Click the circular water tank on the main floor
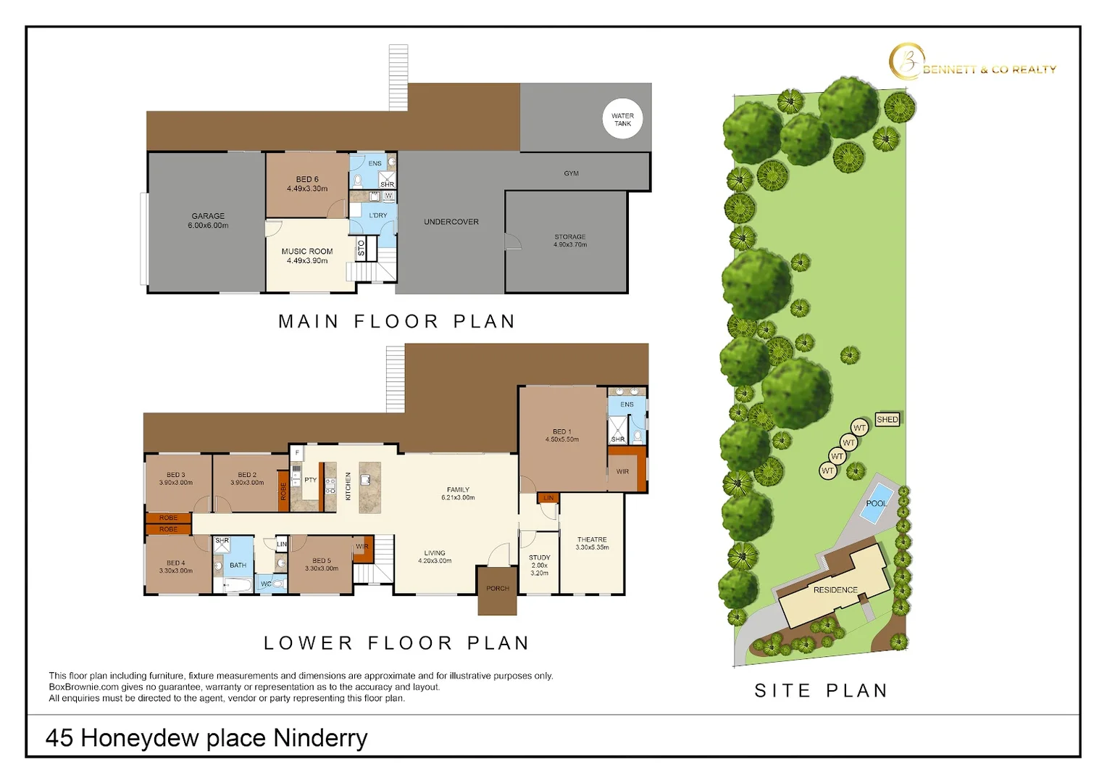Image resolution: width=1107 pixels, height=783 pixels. coord(622,119)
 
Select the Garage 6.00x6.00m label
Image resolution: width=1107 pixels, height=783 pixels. coord(208,220)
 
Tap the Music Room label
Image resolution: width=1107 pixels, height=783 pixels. coord(307,256)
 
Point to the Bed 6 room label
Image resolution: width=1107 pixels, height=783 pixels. coord(307,183)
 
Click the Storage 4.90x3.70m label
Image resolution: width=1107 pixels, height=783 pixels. coord(570,241)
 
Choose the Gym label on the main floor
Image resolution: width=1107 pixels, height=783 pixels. coord(571,173)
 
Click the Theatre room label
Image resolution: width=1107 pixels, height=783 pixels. coord(592,543)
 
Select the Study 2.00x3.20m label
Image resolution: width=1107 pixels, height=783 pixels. coord(539,565)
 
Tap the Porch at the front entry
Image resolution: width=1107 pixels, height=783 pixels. coord(498,589)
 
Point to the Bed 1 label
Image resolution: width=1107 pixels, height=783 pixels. coord(561,435)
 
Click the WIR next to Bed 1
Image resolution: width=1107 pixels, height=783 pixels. coord(622,471)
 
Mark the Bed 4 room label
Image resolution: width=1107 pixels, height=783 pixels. coord(175,566)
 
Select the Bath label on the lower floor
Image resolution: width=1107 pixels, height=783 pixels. coord(238,565)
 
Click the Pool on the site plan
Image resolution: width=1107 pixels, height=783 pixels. coord(877,503)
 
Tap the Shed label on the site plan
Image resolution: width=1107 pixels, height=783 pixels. coord(887,419)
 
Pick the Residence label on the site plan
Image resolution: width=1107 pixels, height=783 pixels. coord(835,590)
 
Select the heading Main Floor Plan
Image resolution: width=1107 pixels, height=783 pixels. coord(397,321)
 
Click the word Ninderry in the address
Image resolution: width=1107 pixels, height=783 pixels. coord(320,738)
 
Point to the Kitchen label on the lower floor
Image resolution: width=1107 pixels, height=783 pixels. coord(348,486)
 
